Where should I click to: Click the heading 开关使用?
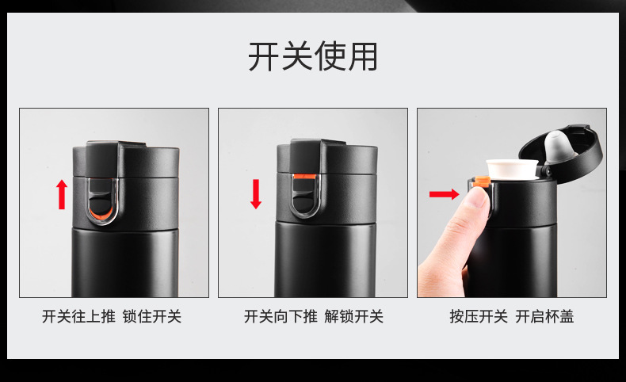[x=313, y=56]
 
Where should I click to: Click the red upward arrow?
[x=62, y=194]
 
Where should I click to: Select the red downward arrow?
[x=255, y=194]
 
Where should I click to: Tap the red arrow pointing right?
[x=443, y=193]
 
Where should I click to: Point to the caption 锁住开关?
[x=152, y=317]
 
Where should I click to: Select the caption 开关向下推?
[x=281, y=317]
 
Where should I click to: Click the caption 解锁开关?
[x=354, y=317]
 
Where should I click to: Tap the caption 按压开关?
[x=479, y=317]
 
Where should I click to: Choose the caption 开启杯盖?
[x=545, y=317]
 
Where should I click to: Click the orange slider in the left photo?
[x=98, y=215]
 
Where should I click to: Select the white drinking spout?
[x=513, y=169]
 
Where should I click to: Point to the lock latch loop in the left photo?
[x=100, y=198]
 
